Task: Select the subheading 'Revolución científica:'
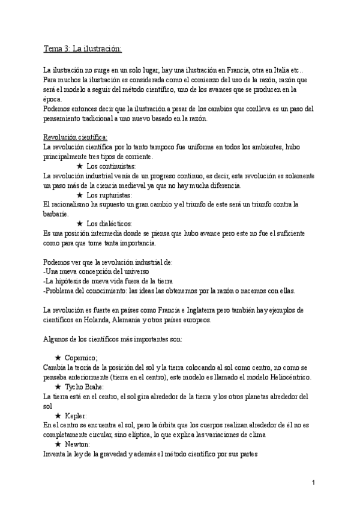[x=76, y=137]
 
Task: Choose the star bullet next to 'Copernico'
[x=58, y=357]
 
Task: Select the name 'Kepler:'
[x=76, y=415]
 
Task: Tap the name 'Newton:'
[x=79, y=444]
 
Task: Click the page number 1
[x=314, y=483]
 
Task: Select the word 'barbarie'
[x=56, y=214]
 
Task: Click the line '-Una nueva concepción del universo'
[x=97, y=271]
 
